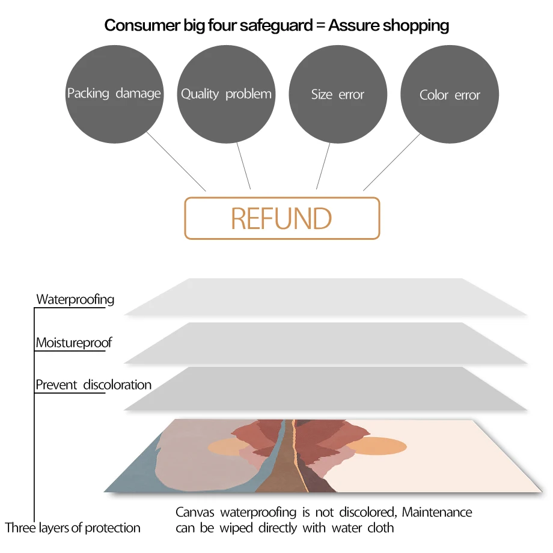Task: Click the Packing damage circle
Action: click(114, 94)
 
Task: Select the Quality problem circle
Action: click(226, 94)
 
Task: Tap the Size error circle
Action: click(338, 94)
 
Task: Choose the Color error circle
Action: click(450, 95)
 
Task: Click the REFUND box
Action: click(282, 218)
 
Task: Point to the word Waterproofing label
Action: click(75, 299)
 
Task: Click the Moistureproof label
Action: click(74, 343)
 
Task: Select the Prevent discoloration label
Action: click(93, 385)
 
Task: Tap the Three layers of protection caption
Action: click(73, 528)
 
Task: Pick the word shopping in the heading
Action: click(416, 25)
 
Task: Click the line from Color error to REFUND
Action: click(391, 162)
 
